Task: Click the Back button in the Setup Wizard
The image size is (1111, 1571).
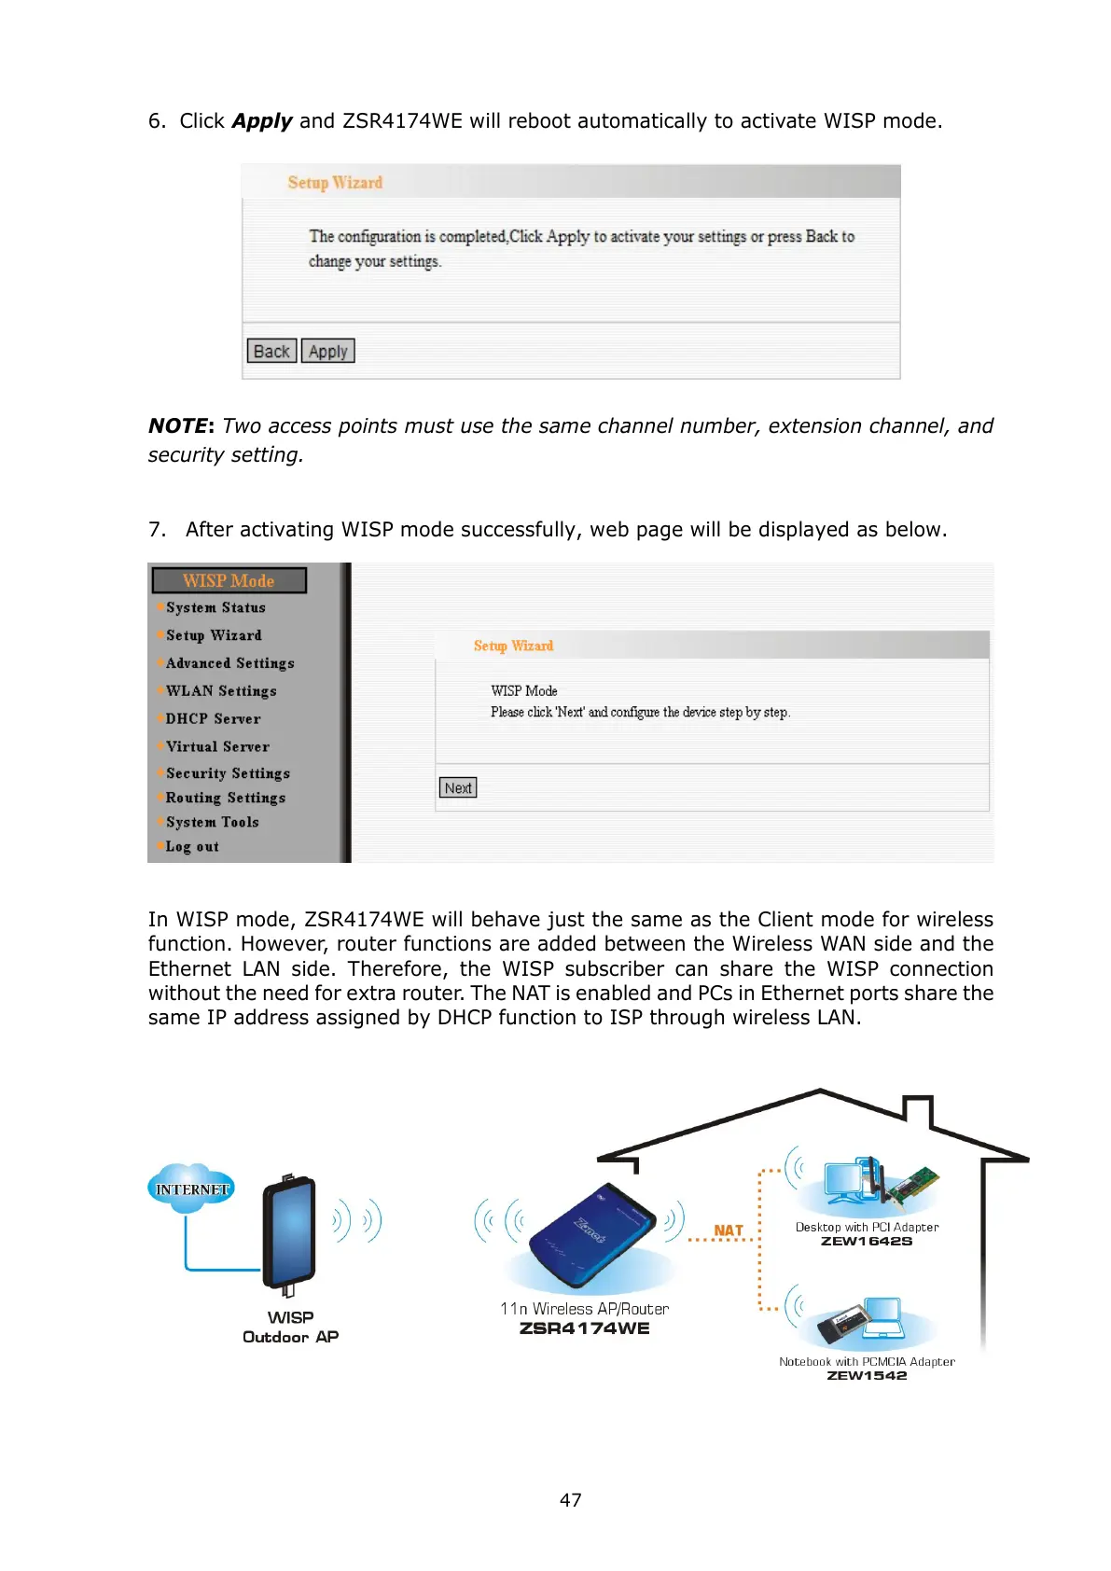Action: (x=271, y=352)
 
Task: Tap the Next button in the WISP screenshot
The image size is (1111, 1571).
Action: (x=458, y=788)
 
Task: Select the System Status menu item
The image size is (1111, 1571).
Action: (x=215, y=608)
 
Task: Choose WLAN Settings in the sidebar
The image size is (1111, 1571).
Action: (x=221, y=691)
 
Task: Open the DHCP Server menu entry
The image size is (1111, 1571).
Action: (x=213, y=719)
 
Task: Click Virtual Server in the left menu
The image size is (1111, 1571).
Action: (x=217, y=747)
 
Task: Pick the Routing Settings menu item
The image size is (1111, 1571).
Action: (x=225, y=799)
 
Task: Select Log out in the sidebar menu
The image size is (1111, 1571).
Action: (x=192, y=847)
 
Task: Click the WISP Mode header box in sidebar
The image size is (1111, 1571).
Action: (x=229, y=581)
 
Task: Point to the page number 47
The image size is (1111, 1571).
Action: (x=570, y=1500)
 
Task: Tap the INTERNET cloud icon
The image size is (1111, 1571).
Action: (x=191, y=1189)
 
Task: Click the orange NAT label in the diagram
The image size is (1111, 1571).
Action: (x=728, y=1230)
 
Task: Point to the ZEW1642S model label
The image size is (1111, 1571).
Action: (x=867, y=1242)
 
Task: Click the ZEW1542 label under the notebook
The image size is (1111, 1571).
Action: (x=867, y=1376)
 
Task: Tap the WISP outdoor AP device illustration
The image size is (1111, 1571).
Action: (x=289, y=1233)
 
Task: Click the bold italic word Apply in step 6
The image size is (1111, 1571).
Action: (x=262, y=121)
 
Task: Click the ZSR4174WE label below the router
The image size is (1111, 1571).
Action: (x=584, y=1328)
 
